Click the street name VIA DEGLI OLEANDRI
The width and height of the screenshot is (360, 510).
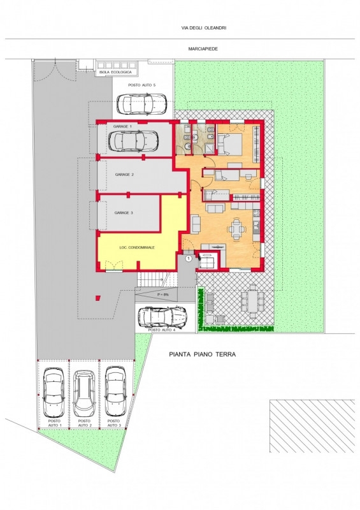[x=204, y=28]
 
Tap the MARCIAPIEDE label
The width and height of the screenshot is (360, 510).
[x=203, y=49]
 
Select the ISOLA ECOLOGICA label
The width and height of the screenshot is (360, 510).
[x=116, y=72]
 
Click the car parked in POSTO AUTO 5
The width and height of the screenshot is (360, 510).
[x=142, y=104]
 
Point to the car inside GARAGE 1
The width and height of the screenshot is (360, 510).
[x=134, y=141]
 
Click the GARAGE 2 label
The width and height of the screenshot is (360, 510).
[x=124, y=175]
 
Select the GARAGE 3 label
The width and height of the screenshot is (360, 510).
[x=124, y=213]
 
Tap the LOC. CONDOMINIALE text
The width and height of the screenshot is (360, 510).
[x=137, y=247]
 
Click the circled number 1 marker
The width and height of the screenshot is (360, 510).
[x=189, y=259]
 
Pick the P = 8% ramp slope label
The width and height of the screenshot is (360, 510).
[x=163, y=295]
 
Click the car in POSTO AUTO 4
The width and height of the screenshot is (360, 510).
[x=162, y=317]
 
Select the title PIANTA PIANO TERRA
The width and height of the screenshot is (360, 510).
[x=203, y=354]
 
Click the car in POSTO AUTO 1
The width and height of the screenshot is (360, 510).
[x=54, y=393]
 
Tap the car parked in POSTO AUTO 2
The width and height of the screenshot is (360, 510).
[x=84, y=393]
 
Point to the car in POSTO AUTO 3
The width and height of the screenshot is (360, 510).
[x=115, y=391]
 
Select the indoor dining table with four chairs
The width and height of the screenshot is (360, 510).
[x=236, y=229]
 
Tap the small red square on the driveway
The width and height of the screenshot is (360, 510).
[x=98, y=298]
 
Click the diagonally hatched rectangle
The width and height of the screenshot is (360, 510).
[x=312, y=426]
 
